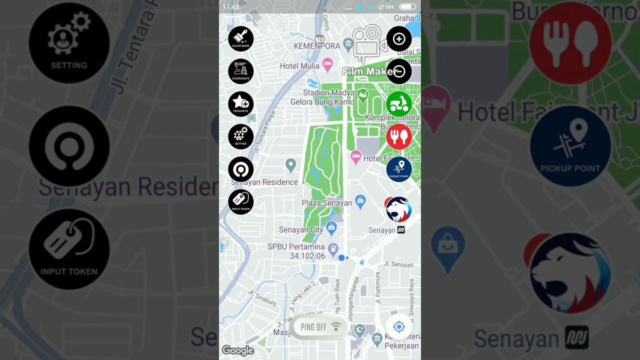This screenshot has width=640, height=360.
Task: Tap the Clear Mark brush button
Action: click(240, 38)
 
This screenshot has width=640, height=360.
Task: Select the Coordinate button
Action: click(240, 71)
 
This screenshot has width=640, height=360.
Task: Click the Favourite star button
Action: click(240, 103)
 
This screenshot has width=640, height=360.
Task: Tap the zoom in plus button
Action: click(399, 39)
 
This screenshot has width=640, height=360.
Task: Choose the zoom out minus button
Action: click(399, 71)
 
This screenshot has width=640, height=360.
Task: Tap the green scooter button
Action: click(399, 104)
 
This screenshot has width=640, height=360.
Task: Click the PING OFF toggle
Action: click(319, 327)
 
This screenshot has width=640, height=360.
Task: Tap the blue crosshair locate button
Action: click(399, 327)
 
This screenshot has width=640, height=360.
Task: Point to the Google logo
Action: click(238, 350)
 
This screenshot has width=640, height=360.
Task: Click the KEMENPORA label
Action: click(316, 46)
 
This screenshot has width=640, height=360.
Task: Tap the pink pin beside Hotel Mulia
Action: click(327, 63)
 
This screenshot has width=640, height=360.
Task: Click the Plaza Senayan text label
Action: click(326, 203)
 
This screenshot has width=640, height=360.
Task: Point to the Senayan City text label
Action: click(301, 230)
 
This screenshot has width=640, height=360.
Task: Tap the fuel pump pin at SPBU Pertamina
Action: click(333, 248)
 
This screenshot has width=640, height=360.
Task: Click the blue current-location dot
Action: click(341, 258)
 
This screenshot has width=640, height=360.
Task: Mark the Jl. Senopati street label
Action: click(398, 264)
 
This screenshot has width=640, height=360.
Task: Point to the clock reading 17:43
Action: click(230, 7)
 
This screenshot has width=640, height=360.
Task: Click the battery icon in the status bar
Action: click(407, 7)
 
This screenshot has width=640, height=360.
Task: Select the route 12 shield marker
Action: click(320, 38)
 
